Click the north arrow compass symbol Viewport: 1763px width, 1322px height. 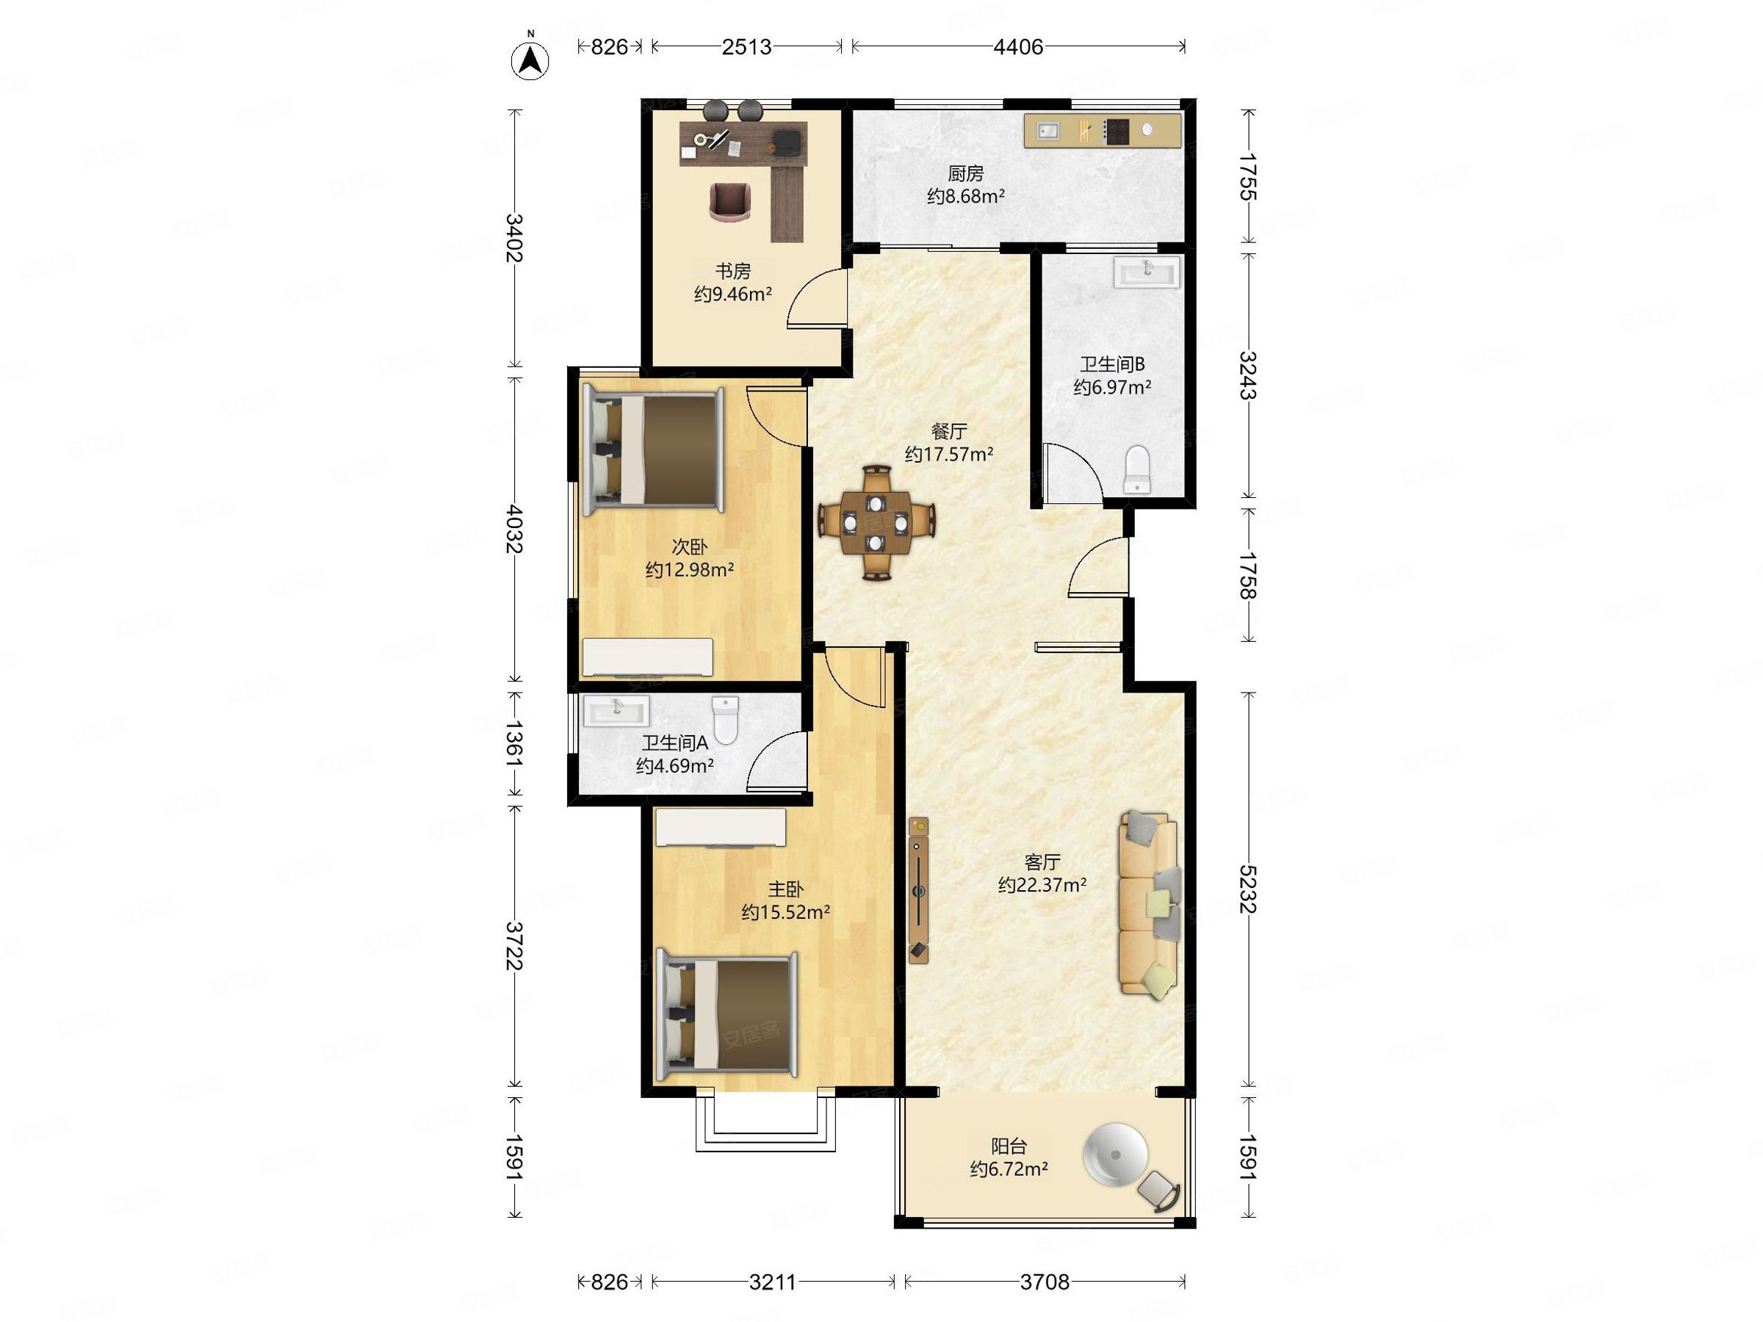click(x=530, y=58)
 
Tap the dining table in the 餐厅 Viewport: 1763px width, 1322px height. click(x=876, y=524)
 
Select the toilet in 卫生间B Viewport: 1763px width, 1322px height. click(x=1136, y=470)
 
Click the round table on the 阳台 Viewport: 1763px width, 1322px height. click(x=1115, y=1155)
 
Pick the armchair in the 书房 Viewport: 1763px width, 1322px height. click(x=172, y=203)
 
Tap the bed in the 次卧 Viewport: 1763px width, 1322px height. click(x=654, y=450)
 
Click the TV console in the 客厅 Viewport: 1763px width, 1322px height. click(x=919, y=889)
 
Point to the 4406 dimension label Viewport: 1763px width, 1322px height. click(x=1018, y=47)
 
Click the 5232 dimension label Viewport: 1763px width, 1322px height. click(x=1247, y=889)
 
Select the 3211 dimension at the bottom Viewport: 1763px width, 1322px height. click(x=773, y=1282)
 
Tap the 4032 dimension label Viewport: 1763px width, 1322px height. click(x=515, y=528)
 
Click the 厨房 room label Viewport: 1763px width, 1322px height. click(x=965, y=173)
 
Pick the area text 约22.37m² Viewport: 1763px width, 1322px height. click(x=1042, y=884)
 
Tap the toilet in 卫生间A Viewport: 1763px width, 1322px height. click(x=725, y=720)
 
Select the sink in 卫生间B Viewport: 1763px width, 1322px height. click(x=1147, y=271)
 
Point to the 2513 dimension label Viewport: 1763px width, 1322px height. click(x=746, y=47)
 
